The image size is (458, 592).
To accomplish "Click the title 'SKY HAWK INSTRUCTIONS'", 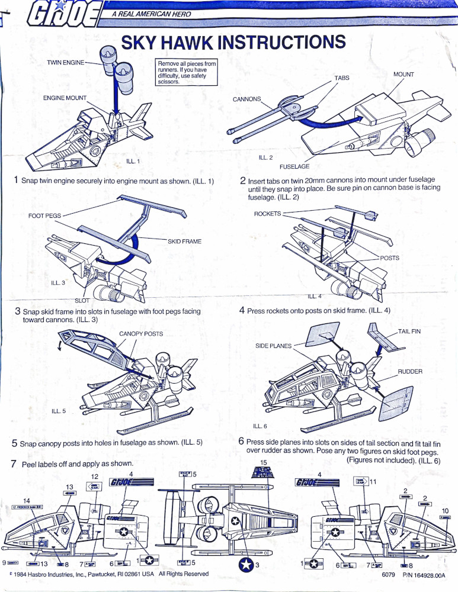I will (233, 43).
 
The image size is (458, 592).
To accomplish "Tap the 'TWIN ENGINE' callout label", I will (66, 62).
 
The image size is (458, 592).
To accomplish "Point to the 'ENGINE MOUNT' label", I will (65, 98).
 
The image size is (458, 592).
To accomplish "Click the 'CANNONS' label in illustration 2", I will (246, 99).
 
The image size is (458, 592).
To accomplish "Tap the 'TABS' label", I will (342, 78).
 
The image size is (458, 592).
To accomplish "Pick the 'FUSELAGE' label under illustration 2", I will (294, 167).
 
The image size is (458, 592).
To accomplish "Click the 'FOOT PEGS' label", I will (44, 215).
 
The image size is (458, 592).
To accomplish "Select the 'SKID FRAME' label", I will (184, 242).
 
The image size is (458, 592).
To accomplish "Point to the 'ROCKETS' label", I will (267, 214).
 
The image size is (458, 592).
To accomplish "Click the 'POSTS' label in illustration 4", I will (389, 258).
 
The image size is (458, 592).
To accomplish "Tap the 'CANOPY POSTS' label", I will (141, 334).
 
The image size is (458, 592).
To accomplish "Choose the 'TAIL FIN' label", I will (409, 332).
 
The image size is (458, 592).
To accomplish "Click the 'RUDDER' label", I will (409, 372).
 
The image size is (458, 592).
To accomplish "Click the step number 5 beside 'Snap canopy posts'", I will (14, 443).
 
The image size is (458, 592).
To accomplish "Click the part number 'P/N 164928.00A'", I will (423, 575).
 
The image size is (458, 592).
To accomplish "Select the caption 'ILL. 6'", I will (260, 426).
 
